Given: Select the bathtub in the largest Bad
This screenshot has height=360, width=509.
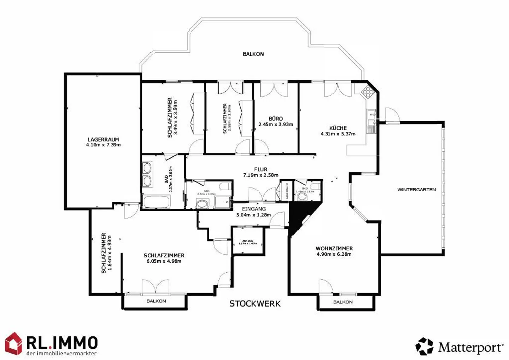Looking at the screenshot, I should click(x=157, y=202).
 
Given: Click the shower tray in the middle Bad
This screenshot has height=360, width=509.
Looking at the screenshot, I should click(x=222, y=203).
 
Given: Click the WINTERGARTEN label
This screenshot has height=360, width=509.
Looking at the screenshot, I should click(x=416, y=190).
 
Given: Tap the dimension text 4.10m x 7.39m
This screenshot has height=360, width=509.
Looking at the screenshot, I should click(x=103, y=145).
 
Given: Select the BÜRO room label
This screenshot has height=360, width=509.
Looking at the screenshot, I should click(x=276, y=119).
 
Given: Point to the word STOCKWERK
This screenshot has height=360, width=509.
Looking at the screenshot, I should click(x=255, y=304).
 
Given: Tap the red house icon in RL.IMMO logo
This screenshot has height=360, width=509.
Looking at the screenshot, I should click(x=13, y=343).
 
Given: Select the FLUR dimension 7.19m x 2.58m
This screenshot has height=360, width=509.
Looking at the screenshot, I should click(x=261, y=175).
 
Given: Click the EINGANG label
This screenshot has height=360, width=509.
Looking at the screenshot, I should click(x=254, y=209).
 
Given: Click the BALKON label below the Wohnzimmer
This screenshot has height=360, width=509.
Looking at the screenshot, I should click(x=343, y=302).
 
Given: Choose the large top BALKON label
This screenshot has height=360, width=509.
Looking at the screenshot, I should click(x=253, y=54).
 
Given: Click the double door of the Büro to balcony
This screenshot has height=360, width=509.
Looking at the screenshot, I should click(x=274, y=90).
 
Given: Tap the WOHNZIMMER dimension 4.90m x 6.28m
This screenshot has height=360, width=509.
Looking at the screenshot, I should click(x=334, y=254).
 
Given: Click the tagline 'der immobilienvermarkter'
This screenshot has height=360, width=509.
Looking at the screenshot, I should click(x=62, y=353).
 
